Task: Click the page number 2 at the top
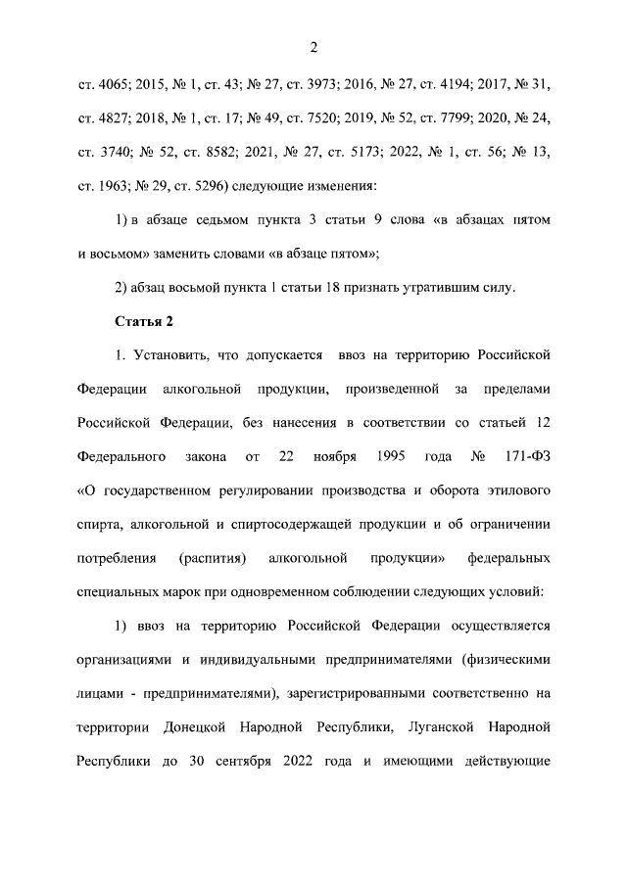click(x=313, y=47)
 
